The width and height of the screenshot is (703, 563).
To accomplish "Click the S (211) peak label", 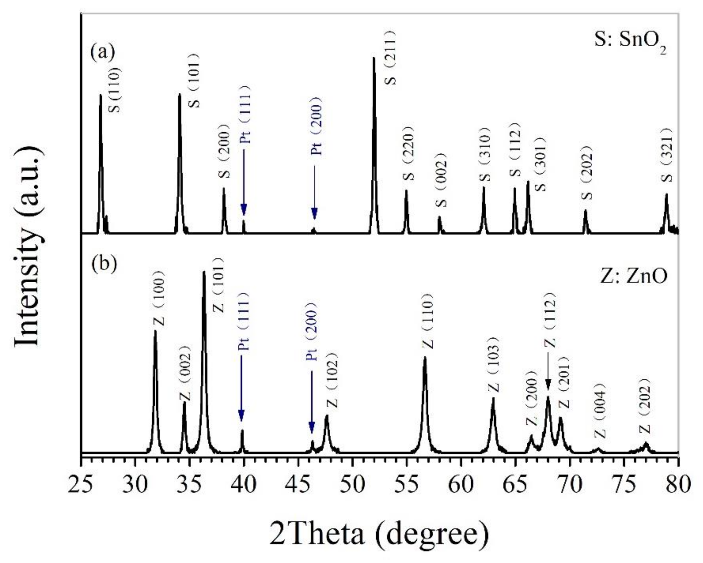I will (390, 58).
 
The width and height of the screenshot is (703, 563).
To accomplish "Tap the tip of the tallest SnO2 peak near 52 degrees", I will (374, 58).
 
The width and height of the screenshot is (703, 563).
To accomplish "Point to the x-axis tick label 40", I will (243, 484).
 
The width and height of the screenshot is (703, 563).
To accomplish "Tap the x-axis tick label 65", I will (515, 484).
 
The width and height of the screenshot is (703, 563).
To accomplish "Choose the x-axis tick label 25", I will (81, 484).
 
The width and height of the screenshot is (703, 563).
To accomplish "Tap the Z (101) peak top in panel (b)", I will (204, 272).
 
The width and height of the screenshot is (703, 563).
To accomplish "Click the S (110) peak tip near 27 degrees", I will (100, 95).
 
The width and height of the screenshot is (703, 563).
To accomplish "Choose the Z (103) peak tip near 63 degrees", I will (493, 398).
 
